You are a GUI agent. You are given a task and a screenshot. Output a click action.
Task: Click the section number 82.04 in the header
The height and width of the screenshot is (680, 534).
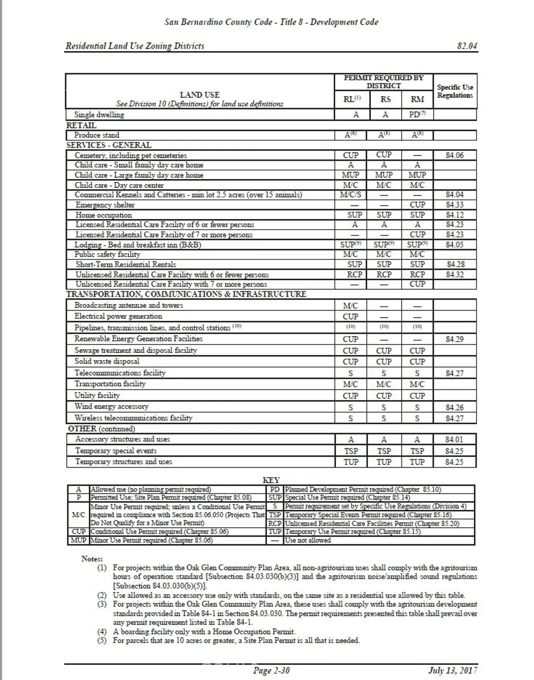[x=467, y=46]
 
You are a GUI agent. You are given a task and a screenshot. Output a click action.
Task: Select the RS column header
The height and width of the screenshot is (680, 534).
[x=384, y=99]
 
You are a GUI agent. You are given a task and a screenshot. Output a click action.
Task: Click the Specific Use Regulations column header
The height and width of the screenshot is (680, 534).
[x=455, y=91]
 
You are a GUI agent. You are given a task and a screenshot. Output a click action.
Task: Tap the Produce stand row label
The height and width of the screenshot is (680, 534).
[x=96, y=135]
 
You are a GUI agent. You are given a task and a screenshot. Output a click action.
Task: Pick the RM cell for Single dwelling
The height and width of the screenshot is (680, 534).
[x=417, y=115]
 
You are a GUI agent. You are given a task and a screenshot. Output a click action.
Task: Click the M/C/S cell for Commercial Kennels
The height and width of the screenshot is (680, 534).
[x=351, y=195]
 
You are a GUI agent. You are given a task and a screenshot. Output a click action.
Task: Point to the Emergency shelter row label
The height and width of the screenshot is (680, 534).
[x=105, y=205]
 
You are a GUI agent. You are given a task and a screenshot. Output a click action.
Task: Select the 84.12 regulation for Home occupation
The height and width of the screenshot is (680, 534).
[x=454, y=215]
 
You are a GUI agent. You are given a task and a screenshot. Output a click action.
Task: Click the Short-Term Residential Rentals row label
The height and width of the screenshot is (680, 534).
[x=126, y=265]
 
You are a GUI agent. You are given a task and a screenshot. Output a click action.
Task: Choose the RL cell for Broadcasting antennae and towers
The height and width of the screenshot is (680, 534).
[x=350, y=306]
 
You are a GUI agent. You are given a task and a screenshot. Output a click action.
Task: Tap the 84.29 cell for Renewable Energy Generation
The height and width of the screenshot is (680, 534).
[x=454, y=339]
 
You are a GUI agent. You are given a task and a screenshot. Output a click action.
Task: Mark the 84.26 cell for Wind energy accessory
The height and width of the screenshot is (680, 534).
[x=454, y=408]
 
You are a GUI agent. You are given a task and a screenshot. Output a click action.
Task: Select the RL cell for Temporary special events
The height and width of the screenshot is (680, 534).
[x=351, y=451]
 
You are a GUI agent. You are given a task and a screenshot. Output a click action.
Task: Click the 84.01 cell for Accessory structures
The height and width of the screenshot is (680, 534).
[x=454, y=439]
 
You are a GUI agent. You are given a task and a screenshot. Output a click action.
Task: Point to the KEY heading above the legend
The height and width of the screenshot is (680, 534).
[x=271, y=480]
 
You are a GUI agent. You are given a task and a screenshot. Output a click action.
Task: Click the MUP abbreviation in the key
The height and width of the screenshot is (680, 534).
[x=78, y=541]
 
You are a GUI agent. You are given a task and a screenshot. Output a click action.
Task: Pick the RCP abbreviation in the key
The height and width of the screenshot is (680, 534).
[x=275, y=523]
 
